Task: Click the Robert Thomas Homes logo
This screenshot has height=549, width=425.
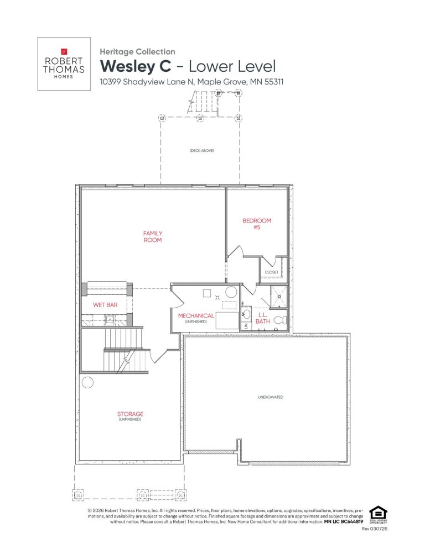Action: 64,64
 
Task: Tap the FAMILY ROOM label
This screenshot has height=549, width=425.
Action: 153,236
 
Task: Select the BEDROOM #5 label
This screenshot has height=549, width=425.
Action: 257,224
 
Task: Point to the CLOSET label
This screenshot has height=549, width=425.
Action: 272,272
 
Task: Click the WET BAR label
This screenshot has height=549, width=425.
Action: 105,305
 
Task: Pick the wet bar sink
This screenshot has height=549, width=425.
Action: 110,320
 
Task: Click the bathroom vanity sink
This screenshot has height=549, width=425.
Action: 247,315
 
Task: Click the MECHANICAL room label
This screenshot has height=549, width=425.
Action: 196,316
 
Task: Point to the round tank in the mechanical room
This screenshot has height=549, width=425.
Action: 231,293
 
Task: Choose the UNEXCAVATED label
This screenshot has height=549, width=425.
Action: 266,397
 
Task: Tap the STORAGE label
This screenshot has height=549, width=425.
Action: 130,414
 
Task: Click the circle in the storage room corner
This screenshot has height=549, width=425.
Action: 87,382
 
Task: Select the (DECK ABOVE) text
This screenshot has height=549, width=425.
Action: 201,151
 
